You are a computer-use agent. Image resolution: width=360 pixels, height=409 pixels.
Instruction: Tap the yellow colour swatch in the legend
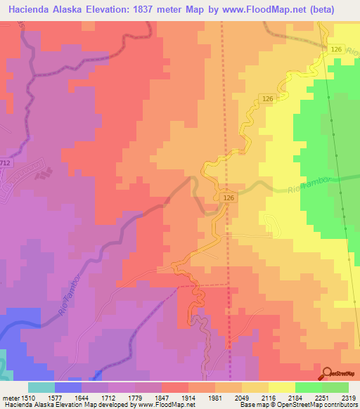point(281,387)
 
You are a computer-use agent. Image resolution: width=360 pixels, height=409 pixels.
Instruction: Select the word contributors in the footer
point(341,405)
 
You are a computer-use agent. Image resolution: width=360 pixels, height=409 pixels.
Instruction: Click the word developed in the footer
point(110,405)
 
